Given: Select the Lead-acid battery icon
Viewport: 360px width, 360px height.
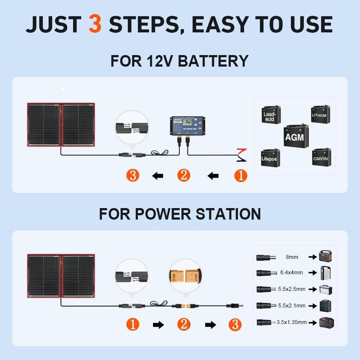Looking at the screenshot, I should click(269, 114).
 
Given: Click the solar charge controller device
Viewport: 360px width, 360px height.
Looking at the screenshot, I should click(186, 126).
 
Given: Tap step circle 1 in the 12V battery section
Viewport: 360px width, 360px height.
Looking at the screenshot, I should click(240, 175).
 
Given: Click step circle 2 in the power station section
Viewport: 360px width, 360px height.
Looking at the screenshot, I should click(183, 324).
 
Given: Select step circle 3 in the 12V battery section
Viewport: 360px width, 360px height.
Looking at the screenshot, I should click(132, 175).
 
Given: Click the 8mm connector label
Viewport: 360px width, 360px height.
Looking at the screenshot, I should click(292, 256).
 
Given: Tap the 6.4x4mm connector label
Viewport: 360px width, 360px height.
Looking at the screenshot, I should click(292, 273).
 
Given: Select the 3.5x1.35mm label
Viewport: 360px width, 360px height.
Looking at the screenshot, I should click(292, 322).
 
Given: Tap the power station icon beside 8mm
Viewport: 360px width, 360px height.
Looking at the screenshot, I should click(325, 256).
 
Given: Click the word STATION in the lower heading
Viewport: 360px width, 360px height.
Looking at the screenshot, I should click(222, 213).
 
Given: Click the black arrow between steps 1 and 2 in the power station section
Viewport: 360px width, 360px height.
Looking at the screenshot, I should click(158, 324).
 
